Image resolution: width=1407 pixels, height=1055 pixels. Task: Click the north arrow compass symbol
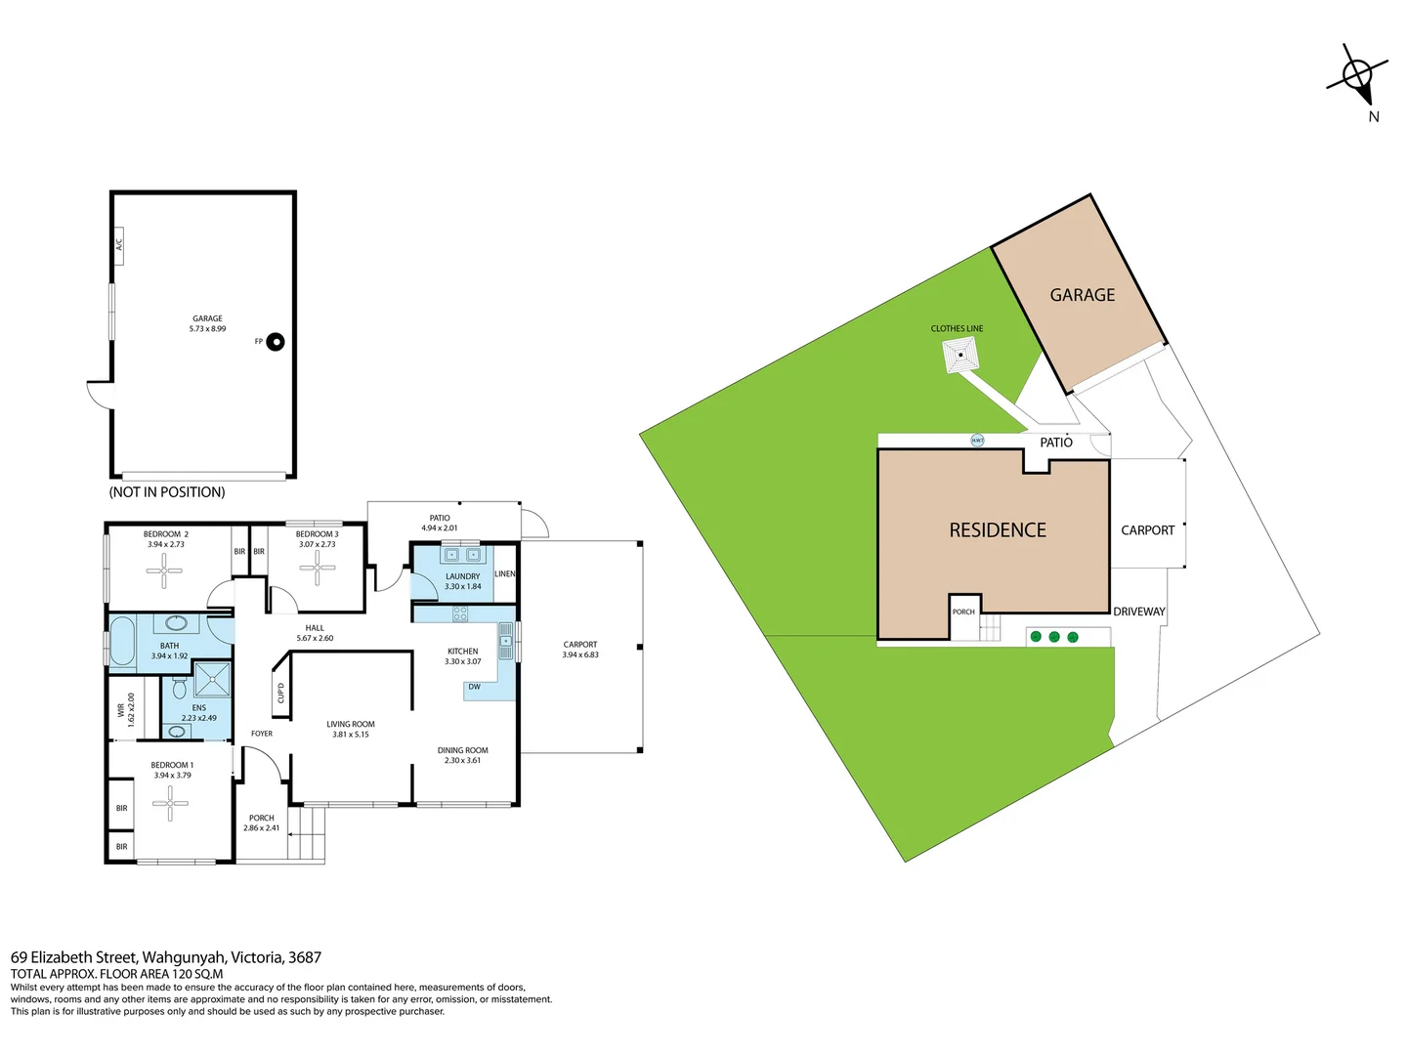pos(1357,74)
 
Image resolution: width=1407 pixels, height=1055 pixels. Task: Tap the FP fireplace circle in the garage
pos(276,342)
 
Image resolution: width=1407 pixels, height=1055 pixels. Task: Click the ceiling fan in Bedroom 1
pos(170,804)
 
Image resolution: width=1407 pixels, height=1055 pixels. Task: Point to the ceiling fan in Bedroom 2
pos(164,570)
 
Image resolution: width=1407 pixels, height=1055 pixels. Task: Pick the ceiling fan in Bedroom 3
pos(318,568)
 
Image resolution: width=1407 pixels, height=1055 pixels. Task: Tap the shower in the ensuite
pos(212,679)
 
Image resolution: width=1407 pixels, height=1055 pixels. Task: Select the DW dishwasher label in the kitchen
pos(475,688)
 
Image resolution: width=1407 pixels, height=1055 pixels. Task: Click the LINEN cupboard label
pos(504,573)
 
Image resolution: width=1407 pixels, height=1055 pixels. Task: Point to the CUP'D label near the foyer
pos(281,693)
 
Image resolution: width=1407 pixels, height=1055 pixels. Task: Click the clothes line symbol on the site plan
pos(960,356)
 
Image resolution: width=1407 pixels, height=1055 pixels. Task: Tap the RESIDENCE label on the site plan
pos(998,530)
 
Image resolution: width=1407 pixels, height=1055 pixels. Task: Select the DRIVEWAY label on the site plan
pos(1139,612)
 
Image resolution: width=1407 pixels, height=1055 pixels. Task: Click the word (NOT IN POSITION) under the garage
pos(167,492)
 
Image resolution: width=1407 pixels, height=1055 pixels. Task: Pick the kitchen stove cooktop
pos(459,614)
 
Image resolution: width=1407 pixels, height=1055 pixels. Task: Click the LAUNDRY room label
pos(462,576)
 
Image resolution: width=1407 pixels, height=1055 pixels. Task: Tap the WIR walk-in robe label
pos(122,710)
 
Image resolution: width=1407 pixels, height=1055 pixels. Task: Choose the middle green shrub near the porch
pos(1054,637)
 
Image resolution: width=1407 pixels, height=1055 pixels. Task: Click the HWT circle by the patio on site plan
pos(977,441)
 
